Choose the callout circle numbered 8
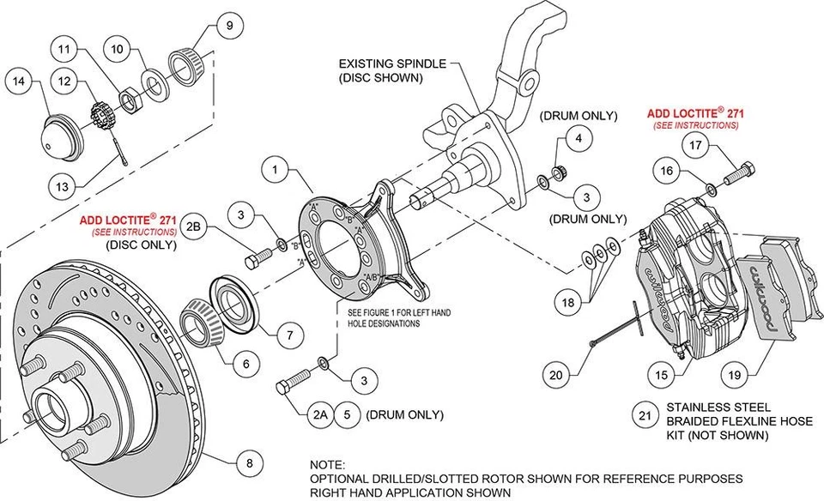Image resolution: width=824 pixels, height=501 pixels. [249, 464]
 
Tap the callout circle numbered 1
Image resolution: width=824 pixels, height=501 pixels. [275, 171]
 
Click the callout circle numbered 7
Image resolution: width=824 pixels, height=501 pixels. [291, 332]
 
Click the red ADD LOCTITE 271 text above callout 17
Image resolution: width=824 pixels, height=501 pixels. [695, 112]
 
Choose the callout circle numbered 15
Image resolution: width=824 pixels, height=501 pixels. [659, 374]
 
